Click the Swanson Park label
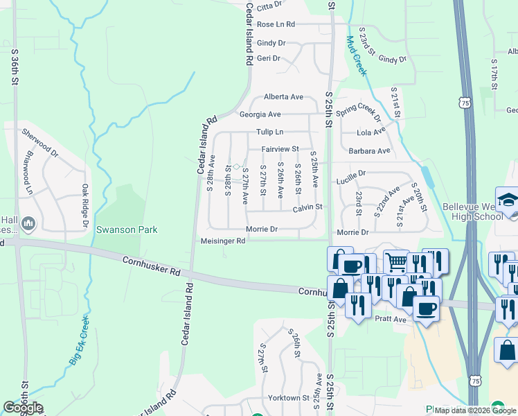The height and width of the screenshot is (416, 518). [127, 229]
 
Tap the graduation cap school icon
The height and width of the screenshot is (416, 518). [507, 199]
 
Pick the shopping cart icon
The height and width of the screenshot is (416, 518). [396, 262]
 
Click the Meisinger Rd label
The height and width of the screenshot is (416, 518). [223, 241]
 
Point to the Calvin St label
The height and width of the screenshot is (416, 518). [307, 207]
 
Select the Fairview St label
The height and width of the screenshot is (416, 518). [280, 149]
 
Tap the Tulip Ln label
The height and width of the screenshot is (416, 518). [270, 132]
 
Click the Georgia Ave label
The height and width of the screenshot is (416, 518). [260, 114]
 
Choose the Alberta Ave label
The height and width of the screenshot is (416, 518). [283, 97]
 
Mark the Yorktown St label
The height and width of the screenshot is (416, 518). [288, 398]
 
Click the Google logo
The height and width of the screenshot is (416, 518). [23, 408]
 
